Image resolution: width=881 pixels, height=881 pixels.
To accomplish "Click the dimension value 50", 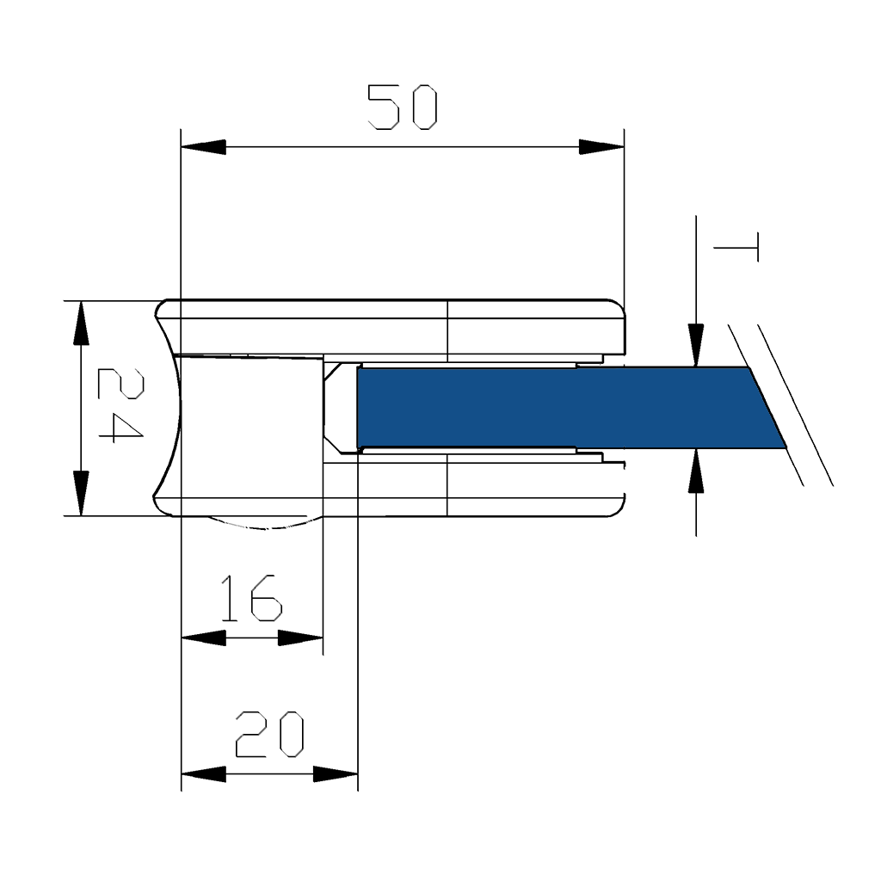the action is [x=403, y=107].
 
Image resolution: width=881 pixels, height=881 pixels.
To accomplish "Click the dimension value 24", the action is [x=120, y=405].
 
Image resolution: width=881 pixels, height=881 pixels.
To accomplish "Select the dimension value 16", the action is [x=250, y=598].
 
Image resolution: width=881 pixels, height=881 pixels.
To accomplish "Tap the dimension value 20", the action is [x=269, y=734].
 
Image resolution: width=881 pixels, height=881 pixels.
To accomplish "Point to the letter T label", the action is [x=736, y=247].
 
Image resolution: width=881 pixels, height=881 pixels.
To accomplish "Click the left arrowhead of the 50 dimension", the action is [x=203, y=147].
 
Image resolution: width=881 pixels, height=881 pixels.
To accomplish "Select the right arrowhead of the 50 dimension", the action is [x=601, y=147].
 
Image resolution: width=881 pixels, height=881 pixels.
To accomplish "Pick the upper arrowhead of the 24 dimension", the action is [x=82, y=323].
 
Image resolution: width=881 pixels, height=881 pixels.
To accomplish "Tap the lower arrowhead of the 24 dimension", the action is [x=82, y=493].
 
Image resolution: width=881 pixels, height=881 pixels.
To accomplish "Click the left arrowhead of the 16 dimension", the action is [x=203, y=638].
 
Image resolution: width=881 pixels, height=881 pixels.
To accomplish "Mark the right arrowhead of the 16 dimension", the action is [x=300, y=638].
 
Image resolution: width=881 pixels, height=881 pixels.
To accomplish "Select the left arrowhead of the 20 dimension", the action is [x=203, y=774].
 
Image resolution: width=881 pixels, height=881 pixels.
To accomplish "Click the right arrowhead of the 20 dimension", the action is [x=336, y=774].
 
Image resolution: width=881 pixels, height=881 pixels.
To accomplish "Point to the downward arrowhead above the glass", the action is [x=696, y=346].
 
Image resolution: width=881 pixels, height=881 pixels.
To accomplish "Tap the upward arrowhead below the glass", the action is [x=696, y=471].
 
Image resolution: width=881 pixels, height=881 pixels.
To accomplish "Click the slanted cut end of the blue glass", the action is [x=767, y=408].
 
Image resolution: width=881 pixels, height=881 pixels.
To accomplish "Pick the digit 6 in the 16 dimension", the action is [x=266, y=598].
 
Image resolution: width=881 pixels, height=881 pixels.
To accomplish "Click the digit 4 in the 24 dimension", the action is [x=120, y=426].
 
